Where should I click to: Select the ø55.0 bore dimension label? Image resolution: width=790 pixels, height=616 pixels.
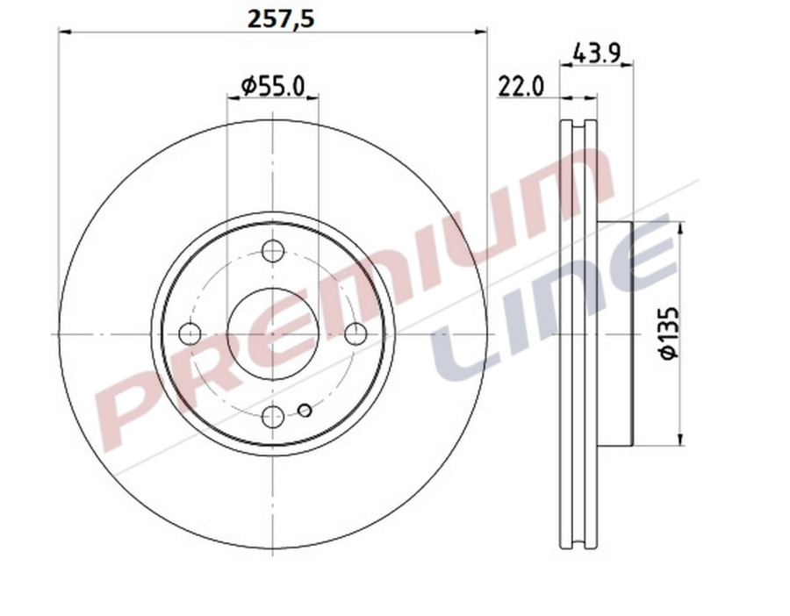click(273, 85)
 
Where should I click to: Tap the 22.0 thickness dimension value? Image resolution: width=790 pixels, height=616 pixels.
click(521, 86)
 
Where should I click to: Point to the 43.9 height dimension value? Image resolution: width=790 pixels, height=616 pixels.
click(597, 54)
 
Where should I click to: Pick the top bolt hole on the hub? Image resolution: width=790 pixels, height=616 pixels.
click(273, 253)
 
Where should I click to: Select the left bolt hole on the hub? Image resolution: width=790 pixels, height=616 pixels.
click(190, 333)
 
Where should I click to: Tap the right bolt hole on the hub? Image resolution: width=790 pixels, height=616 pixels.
click(355, 333)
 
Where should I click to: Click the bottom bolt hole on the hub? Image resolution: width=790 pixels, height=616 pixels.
click(273, 416)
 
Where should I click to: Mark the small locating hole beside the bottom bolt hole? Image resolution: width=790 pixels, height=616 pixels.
click(305, 411)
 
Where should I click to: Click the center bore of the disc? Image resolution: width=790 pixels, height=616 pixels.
click(273, 333)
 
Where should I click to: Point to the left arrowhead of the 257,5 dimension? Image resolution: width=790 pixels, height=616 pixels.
click(63, 32)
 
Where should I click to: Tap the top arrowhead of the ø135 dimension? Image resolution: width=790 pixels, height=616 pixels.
click(680, 227)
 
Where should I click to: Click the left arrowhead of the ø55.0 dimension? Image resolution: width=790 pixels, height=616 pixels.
click(232, 97)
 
